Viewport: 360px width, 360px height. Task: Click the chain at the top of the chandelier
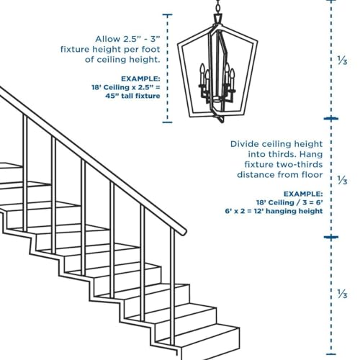tap(217, 10)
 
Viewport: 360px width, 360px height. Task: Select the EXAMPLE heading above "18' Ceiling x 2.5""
tap(140, 78)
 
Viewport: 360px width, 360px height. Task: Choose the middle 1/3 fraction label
tap(343, 179)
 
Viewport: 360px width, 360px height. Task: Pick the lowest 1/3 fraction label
tap(343, 294)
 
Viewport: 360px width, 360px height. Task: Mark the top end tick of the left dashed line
tap(168, 14)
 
